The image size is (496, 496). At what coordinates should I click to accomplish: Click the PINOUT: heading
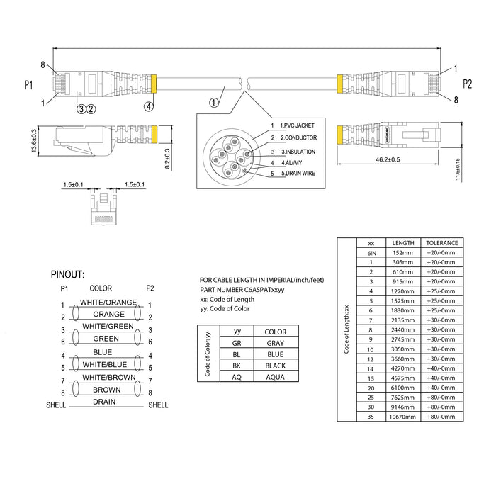(x=78, y=274)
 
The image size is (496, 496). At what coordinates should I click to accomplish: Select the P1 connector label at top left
(x=29, y=85)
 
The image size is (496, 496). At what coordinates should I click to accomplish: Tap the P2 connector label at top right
(x=467, y=84)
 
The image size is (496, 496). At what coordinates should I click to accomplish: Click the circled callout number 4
(x=148, y=107)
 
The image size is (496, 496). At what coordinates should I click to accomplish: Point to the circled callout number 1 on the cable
(x=214, y=103)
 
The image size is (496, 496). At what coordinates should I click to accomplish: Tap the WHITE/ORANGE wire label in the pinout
(x=108, y=303)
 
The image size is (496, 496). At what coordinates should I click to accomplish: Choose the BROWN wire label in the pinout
(x=106, y=390)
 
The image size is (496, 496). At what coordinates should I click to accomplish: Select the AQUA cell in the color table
(x=275, y=377)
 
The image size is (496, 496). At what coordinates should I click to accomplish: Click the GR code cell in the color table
(x=227, y=343)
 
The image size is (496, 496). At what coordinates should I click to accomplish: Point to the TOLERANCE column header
(x=441, y=242)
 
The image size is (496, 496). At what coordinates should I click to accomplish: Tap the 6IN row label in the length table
(x=371, y=252)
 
